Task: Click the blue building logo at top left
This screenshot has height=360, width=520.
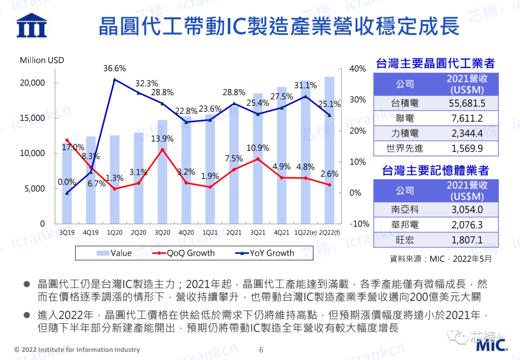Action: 31,25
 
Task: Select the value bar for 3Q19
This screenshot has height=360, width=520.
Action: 66,183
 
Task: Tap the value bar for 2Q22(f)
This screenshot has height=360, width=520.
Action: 329,150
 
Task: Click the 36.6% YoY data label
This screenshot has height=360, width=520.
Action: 115,69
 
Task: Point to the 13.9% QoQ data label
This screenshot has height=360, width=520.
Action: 162,139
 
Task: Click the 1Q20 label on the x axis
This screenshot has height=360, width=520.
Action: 115,233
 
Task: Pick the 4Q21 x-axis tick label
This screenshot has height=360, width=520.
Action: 282,233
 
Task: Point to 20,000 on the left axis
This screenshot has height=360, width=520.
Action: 32,83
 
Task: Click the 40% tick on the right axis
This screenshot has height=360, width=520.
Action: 357,69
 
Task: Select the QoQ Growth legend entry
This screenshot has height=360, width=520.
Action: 183,253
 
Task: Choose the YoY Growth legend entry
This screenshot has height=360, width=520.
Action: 265,253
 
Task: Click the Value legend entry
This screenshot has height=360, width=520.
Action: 114,253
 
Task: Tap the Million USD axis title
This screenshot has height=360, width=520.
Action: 42,60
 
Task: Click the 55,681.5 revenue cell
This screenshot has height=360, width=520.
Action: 467,103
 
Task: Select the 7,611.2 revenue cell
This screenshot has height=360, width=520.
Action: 467,118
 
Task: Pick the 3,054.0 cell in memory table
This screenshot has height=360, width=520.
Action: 467,209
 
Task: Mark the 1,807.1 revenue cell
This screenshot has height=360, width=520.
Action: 467,240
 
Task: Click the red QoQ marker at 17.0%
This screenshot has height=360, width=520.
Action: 67,140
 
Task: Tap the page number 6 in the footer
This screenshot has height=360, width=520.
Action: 261,350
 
